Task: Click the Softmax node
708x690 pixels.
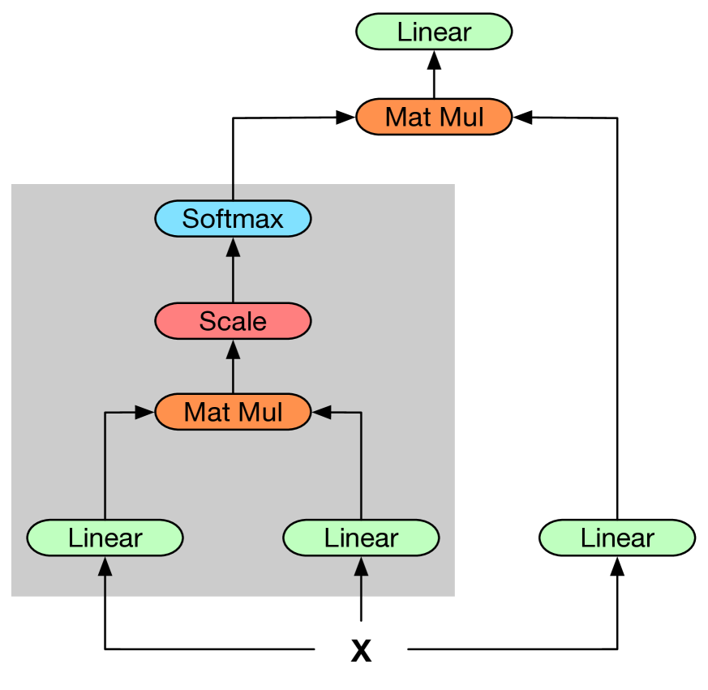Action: point(233,219)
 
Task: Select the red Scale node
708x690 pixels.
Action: point(233,321)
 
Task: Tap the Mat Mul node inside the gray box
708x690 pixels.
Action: point(233,412)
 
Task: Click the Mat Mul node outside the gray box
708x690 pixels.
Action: point(434,117)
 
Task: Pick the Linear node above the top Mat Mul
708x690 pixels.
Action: point(434,32)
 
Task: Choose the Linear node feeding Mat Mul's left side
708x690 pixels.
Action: point(105,538)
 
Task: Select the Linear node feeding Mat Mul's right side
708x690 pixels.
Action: point(361,538)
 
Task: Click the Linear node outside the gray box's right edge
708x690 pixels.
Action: point(617,538)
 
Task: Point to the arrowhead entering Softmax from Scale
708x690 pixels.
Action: point(233,246)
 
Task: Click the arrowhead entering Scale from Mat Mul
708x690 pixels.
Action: point(233,349)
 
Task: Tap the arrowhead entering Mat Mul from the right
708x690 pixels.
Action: point(322,413)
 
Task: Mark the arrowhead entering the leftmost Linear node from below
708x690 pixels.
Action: point(105,565)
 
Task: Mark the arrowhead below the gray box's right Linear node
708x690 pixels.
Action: point(361,565)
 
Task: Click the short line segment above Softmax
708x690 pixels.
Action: point(233,192)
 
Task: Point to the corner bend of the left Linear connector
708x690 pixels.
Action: point(105,414)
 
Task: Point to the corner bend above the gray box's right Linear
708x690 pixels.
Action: point(361,414)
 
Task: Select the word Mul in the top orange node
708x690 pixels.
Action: point(461,117)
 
